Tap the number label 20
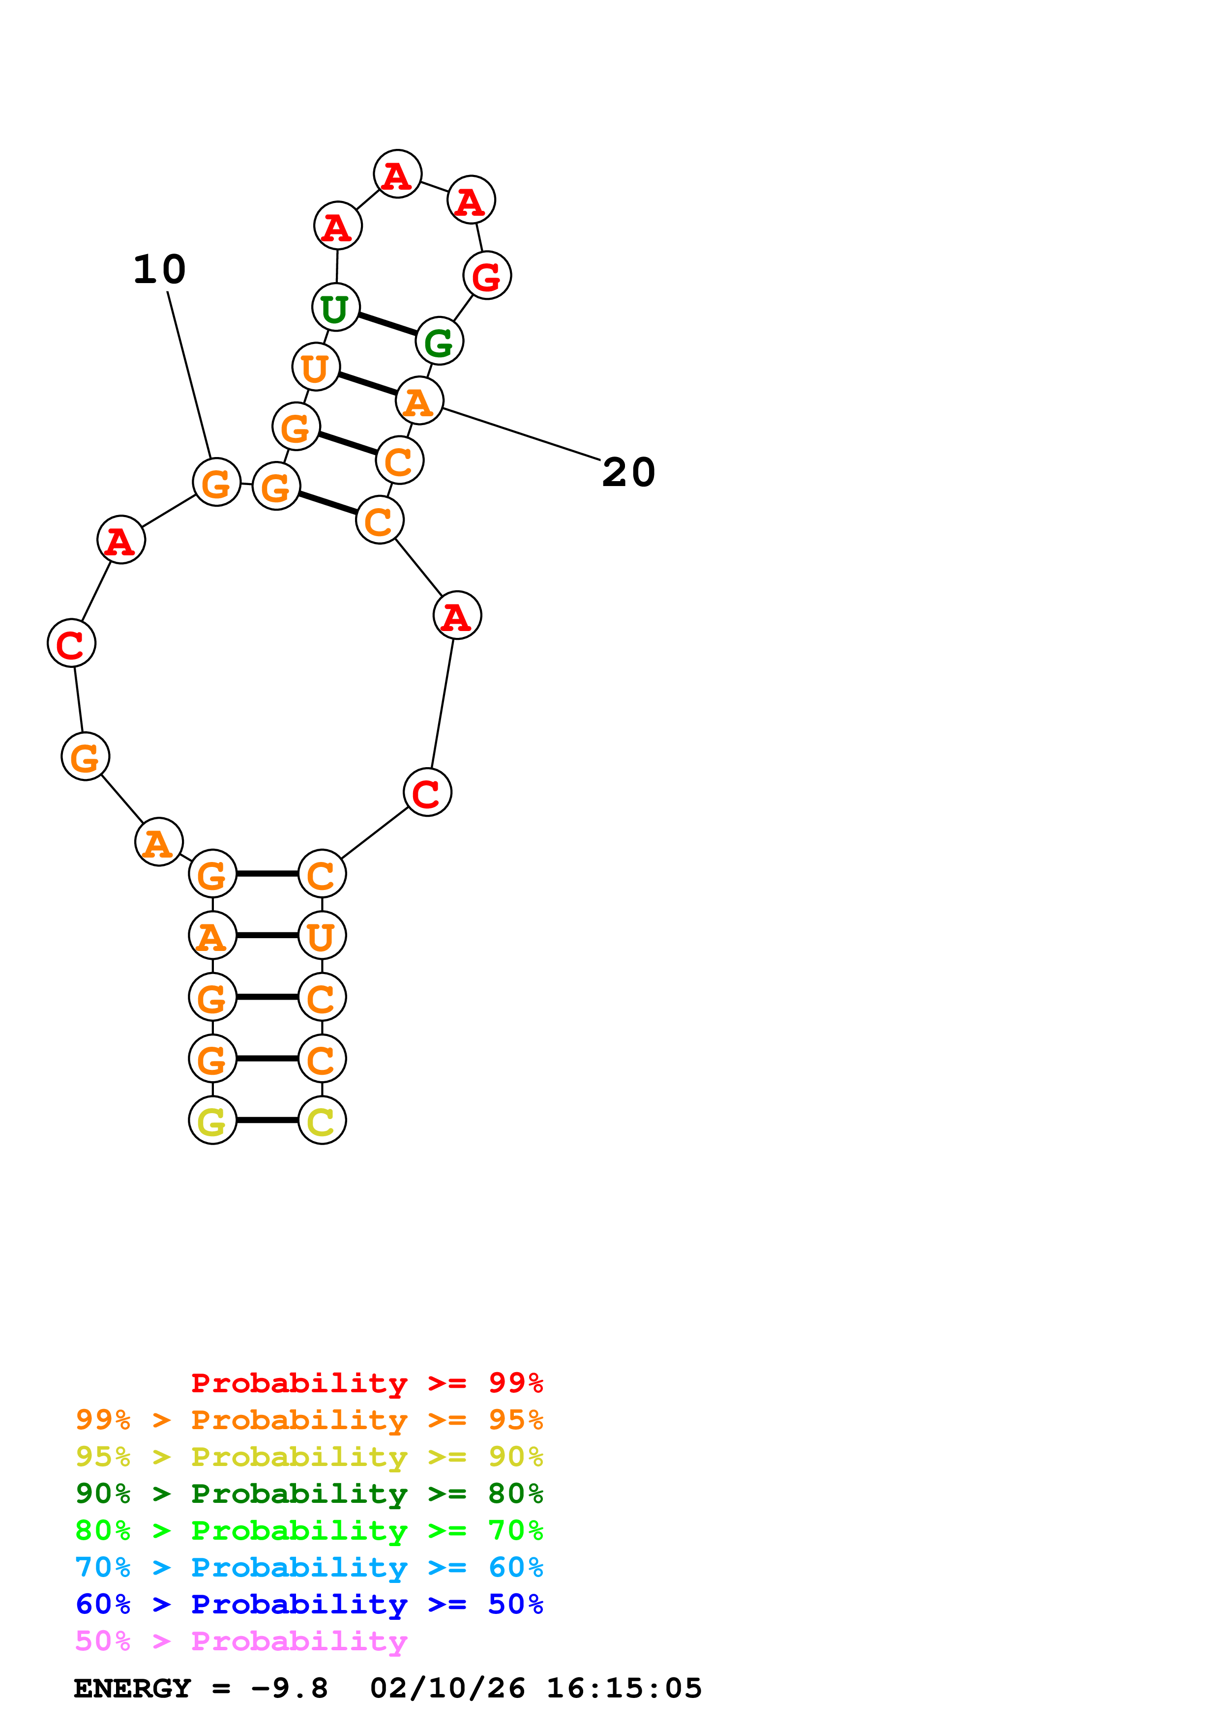[x=628, y=472]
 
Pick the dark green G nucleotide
[x=440, y=342]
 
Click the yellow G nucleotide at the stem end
[x=212, y=1121]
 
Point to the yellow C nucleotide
[x=322, y=1121]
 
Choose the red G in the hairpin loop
[x=487, y=276]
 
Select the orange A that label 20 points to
[x=419, y=401]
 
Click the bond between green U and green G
[x=387, y=324]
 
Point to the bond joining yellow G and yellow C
[x=268, y=1121]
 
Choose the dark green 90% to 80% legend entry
[x=309, y=1494]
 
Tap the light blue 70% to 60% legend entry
[x=309, y=1567]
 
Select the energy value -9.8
[x=290, y=1689]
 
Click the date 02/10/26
[x=447, y=1689]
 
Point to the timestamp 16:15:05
[x=624, y=1689]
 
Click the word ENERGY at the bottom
[x=132, y=1689]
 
